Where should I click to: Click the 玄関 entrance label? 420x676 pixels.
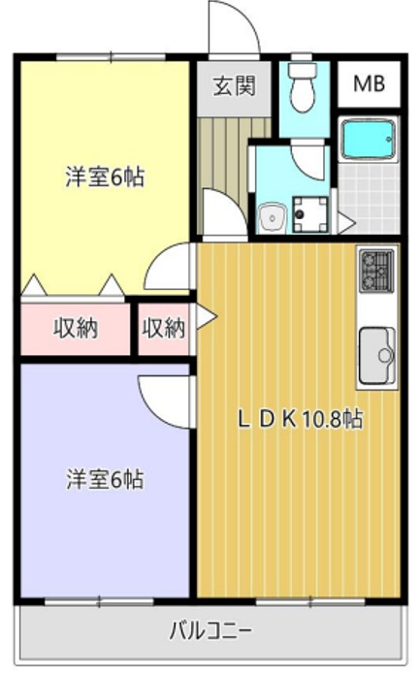[234, 85]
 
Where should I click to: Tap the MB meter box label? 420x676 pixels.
[368, 85]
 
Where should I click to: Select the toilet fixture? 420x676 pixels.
[305, 88]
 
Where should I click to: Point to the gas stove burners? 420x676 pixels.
[375, 269]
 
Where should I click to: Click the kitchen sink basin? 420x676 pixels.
[375, 354]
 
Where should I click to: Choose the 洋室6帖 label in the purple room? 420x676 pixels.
[105, 479]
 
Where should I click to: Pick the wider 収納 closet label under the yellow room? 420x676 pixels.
[75, 329]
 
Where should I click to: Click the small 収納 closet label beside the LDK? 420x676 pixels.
[163, 329]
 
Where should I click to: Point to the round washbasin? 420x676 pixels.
[272, 215]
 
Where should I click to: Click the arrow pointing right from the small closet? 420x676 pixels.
[207, 316]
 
